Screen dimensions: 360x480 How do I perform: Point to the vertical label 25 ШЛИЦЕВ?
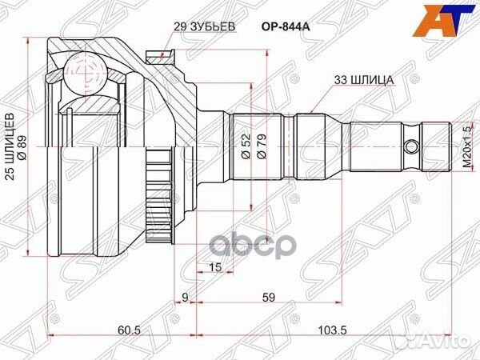click(10, 152)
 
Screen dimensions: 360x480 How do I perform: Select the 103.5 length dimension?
click(329, 329)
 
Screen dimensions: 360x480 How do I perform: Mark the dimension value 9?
click(185, 298)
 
